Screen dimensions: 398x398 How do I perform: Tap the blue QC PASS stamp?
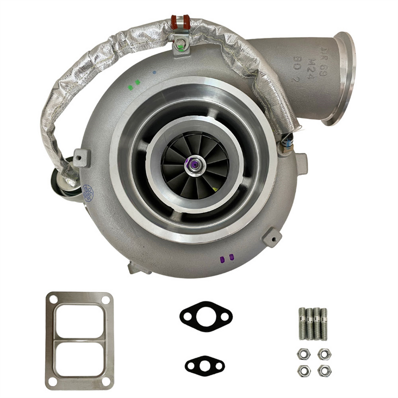(87, 192)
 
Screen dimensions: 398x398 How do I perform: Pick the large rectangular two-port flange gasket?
(79, 340)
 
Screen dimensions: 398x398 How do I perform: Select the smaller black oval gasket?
(204, 365)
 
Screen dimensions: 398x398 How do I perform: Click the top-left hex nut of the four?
(303, 354)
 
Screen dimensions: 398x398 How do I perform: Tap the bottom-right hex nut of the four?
(323, 370)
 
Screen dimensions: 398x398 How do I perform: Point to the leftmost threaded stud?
(302, 323)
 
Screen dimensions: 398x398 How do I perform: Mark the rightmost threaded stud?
(324, 323)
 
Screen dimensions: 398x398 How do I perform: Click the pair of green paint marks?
(134, 85)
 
